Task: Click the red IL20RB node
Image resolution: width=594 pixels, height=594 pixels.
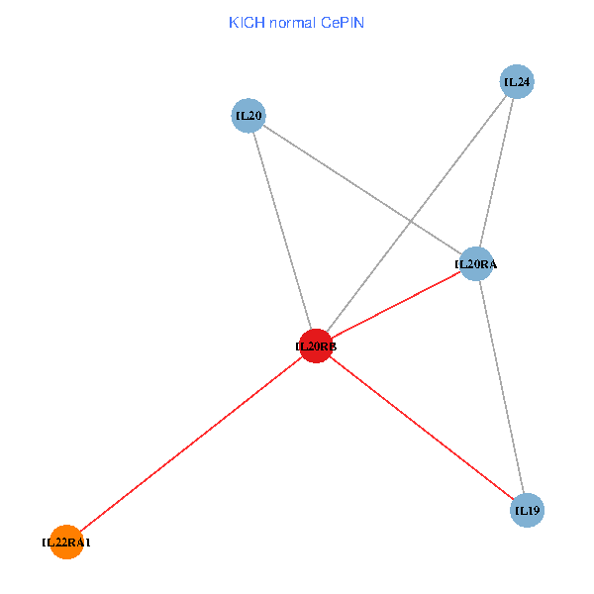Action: click(316, 346)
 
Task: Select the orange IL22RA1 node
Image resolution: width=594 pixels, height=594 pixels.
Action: click(66, 542)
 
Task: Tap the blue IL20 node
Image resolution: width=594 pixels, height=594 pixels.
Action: click(247, 116)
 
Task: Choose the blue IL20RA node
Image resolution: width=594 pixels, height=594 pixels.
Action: click(476, 263)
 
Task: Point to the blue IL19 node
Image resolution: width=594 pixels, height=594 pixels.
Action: click(527, 510)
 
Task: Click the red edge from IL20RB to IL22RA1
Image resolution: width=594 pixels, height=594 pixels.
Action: click(191, 444)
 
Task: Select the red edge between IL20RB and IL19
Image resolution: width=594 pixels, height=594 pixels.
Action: click(421, 428)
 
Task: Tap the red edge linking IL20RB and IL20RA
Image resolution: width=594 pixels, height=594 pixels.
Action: click(396, 305)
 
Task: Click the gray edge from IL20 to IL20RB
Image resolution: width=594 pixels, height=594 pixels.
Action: click(281, 231)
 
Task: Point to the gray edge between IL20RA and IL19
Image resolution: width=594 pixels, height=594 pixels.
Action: click(501, 386)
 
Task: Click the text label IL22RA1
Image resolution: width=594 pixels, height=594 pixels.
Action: click(66, 543)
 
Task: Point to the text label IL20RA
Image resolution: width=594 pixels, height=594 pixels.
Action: click(476, 264)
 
